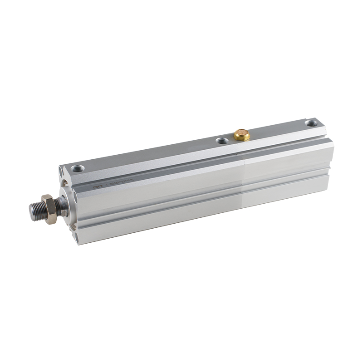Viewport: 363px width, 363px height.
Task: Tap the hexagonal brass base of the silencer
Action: coord(242,137)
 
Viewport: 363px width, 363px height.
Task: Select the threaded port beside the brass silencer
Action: coord(221,141)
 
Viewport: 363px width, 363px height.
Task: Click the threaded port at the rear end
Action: coord(311,123)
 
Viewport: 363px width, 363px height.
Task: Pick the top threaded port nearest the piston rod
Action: coord(76,168)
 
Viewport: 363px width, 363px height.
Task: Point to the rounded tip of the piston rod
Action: coord(31,210)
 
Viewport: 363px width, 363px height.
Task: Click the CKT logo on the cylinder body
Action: coord(96,185)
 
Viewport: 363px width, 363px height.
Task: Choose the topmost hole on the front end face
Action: coord(61,171)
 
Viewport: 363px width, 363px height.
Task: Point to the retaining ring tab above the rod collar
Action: coord(65,183)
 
